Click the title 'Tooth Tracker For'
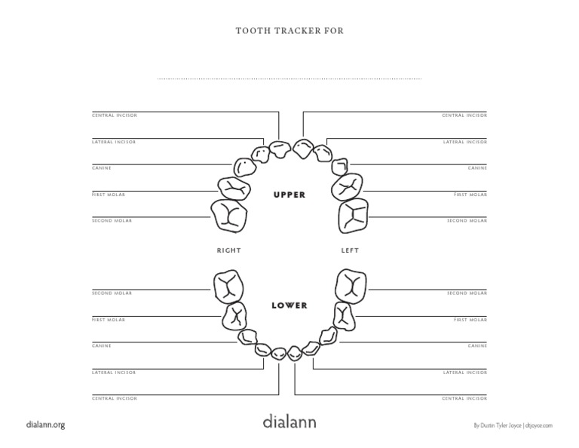289,31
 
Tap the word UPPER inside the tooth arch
289,195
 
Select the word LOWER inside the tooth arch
289,305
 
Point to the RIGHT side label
228,250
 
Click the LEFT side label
350,250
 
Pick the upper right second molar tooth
229,216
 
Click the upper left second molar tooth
354,216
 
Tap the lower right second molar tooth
228,287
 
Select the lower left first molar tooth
344,316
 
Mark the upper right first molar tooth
234,189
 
